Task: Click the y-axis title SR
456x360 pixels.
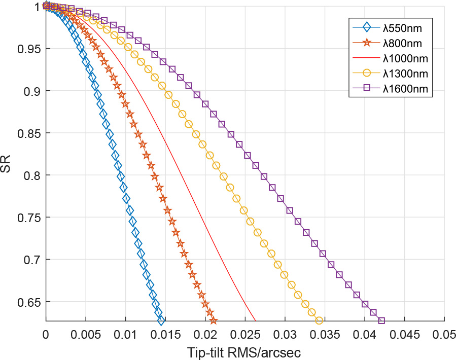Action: pyautogui.click(x=7, y=163)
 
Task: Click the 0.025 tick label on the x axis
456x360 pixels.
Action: pyautogui.click(x=245, y=335)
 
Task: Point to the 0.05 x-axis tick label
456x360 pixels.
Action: pyautogui.click(x=444, y=335)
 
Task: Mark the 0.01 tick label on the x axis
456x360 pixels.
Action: pyautogui.click(x=125, y=335)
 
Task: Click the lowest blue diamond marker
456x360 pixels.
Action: pyautogui.click(x=161, y=320)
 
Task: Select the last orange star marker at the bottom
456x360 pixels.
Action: pyautogui.click(x=214, y=320)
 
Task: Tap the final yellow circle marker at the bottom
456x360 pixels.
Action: pyautogui.click(x=319, y=320)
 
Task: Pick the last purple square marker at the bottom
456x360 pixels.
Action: pyautogui.click(x=381, y=320)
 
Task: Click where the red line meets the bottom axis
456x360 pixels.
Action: pyautogui.click(x=255, y=320)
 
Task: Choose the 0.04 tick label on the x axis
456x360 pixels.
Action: pyautogui.click(x=365, y=335)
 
